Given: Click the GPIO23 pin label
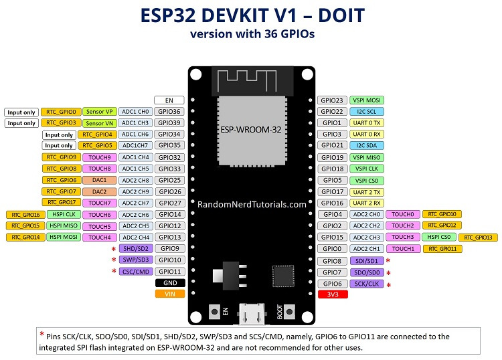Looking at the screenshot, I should (x=332, y=100).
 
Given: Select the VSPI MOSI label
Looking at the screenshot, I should (x=366, y=100).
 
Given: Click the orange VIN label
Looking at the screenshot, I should (x=169, y=294).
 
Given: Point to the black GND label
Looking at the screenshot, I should (x=169, y=282).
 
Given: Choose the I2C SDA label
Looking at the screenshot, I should (x=366, y=145).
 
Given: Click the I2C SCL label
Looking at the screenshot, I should (x=366, y=111).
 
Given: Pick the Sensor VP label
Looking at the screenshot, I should (x=100, y=112).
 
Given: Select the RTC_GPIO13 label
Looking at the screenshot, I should (x=477, y=238).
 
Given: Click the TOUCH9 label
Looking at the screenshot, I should (x=100, y=157).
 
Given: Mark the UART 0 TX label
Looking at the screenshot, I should (x=366, y=122).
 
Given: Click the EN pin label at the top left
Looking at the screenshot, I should (x=169, y=100).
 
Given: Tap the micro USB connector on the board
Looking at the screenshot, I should (x=252, y=312).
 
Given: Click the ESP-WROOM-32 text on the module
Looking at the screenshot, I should (x=251, y=127).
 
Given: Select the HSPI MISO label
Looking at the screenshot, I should (x=64, y=226).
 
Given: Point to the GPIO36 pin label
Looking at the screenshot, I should (x=169, y=112).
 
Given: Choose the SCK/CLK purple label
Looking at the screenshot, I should (x=366, y=284).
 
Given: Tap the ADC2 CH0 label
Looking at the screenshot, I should (x=366, y=214).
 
